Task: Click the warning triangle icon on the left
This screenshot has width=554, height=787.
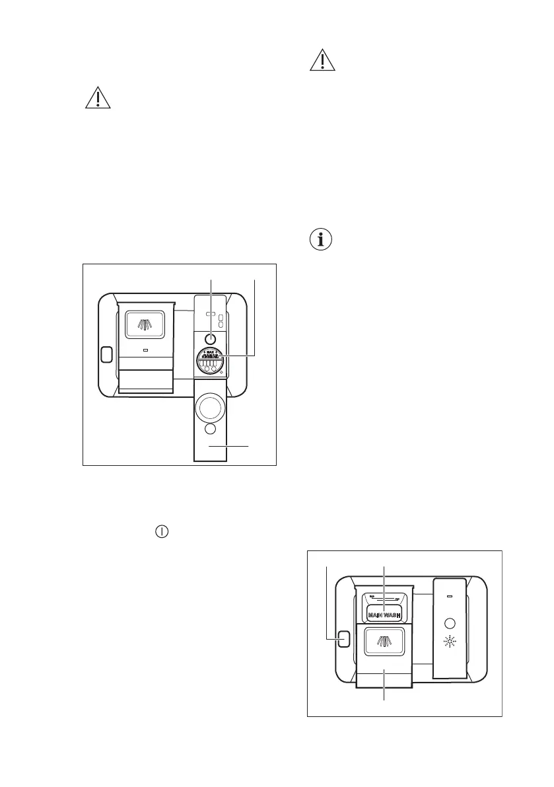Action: click(x=97, y=98)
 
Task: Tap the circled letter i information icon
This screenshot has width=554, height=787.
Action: click(x=322, y=240)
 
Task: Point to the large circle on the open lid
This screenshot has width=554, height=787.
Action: click(x=211, y=407)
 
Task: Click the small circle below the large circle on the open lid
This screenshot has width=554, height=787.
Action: click(x=210, y=430)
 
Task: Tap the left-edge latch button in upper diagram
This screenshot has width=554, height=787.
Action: click(x=105, y=354)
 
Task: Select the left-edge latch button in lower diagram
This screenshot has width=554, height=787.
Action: click(x=343, y=639)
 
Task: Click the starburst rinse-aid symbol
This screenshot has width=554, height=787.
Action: click(x=450, y=641)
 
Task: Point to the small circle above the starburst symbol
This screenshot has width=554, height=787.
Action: click(x=450, y=622)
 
